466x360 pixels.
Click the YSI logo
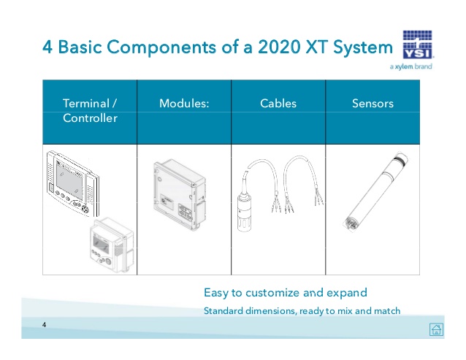pyautogui.click(x=418, y=45)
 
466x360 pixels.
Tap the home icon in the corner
pyautogui.click(x=436, y=329)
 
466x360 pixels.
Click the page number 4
pyautogui.click(x=44, y=325)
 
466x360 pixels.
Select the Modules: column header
pyautogui.click(x=184, y=104)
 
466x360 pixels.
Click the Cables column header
pyautogui.click(x=278, y=104)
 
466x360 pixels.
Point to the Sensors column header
pyautogui.click(x=373, y=104)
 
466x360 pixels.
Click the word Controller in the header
pyautogui.click(x=90, y=118)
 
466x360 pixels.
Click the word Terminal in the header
pyautogui.click(x=86, y=104)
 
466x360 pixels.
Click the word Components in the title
pyautogui.click(x=161, y=47)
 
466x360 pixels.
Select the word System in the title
pyautogui.click(x=363, y=47)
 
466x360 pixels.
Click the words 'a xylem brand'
pyautogui.click(x=411, y=66)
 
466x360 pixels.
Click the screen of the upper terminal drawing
pyautogui.click(x=69, y=182)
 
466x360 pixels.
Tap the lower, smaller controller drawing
pyautogui.click(x=112, y=245)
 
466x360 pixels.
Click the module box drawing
pyautogui.click(x=180, y=194)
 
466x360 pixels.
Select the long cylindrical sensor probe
pyautogui.click(x=377, y=191)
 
